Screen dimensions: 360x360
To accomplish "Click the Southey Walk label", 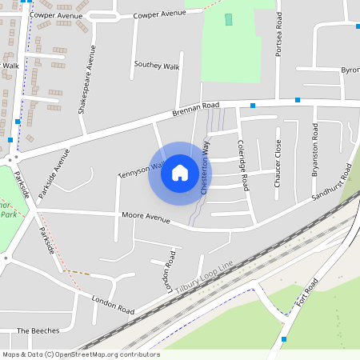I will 157,65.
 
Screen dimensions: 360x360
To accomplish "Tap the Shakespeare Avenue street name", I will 86,79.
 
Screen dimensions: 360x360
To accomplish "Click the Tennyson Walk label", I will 141,170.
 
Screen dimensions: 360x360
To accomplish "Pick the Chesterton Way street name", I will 205,169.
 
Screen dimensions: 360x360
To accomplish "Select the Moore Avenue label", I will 146,217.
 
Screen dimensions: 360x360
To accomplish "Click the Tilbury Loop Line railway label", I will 204,277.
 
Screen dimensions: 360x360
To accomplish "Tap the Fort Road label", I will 306,294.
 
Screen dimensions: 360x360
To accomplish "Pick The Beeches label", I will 38,330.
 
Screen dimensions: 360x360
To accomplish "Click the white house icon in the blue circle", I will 180,173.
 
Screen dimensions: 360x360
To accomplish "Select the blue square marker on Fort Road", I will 284,339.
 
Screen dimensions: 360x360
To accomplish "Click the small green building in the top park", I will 229,19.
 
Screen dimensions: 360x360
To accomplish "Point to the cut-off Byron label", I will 350,70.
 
